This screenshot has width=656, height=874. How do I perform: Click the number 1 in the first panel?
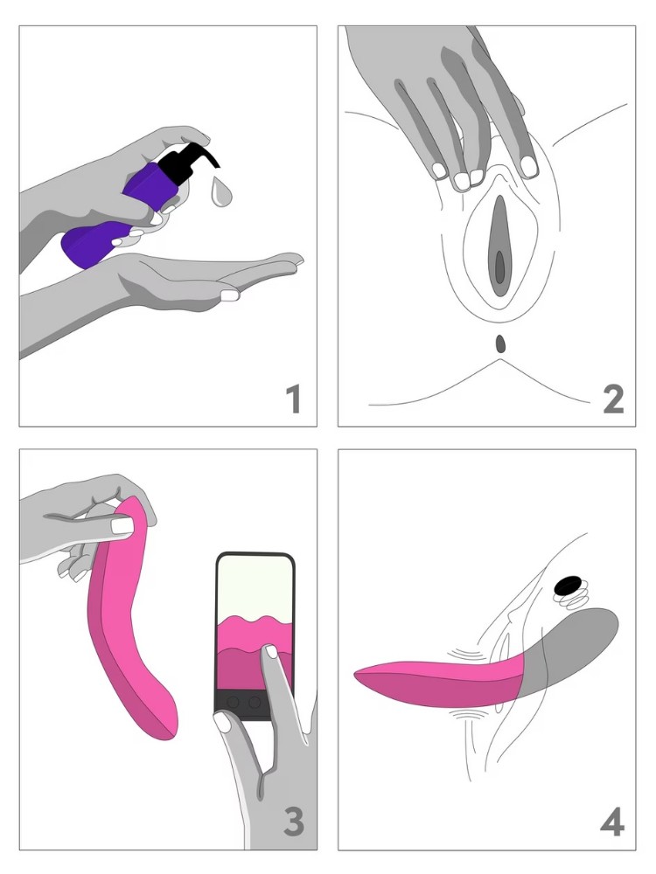294,399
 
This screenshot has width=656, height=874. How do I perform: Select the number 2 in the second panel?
613,399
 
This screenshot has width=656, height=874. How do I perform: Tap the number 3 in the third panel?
294,823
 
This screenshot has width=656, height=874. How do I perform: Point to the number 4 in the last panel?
612,823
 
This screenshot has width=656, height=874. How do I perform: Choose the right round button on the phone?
255,702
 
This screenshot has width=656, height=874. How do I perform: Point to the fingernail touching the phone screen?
271,651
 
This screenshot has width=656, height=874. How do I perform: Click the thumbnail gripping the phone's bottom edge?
224,723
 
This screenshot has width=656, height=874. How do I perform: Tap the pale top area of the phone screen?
255,588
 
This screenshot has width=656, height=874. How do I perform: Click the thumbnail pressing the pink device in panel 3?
122,525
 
